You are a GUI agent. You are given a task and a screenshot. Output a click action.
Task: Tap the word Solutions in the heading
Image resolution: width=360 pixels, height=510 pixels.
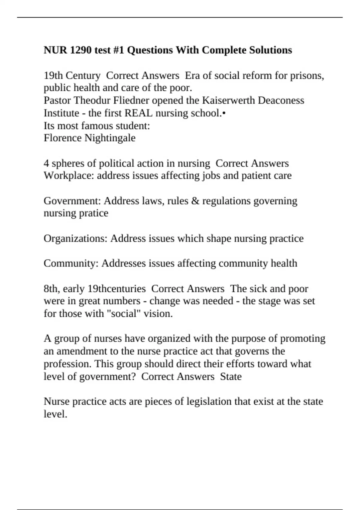pyautogui.click(x=270, y=50)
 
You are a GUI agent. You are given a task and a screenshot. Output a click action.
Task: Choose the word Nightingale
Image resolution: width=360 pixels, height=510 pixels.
pyautogui.click(x=110, y=138)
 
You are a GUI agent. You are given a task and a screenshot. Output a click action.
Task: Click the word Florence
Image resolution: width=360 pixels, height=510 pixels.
pyautogui.click(x=63, y=138)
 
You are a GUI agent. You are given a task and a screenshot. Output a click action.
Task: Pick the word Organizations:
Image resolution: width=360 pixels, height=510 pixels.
pyautogui.click(x=76, y=238)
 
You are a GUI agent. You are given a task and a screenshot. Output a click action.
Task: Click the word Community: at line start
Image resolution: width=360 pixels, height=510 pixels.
pyautogui.click(x=71, y=263)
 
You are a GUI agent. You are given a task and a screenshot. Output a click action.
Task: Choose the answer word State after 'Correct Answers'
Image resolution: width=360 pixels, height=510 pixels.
pyautogui.click(x=231, y=376)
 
